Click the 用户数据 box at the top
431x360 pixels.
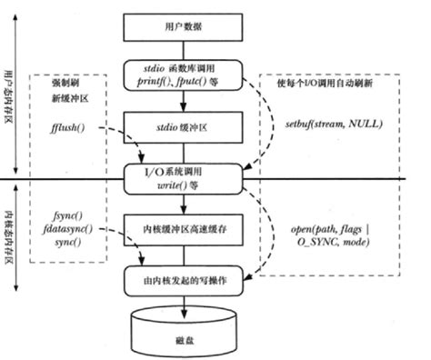[185, 26]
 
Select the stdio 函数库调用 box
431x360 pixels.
[185, 74]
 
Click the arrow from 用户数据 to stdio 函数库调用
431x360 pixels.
[185, 49]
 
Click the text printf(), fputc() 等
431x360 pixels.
[185, 80]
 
